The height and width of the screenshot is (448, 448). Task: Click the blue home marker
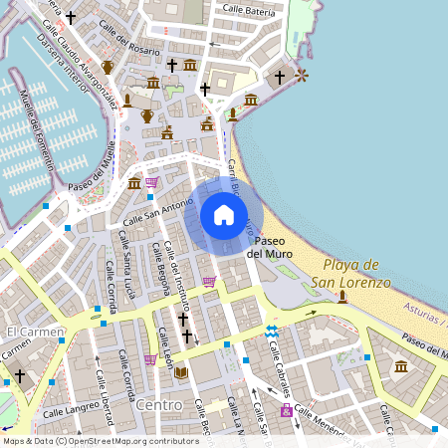(x=224, y=215)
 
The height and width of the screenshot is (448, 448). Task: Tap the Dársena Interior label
(x=62, y=58)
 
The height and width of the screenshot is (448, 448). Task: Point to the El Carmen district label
(x=34, y=331)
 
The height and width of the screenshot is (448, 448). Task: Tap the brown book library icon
(x=181, y=373)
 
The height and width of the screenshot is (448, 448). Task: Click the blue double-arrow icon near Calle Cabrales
(x=271, y=330)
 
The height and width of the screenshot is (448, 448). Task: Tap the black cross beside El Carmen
(x=20, y=375)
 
